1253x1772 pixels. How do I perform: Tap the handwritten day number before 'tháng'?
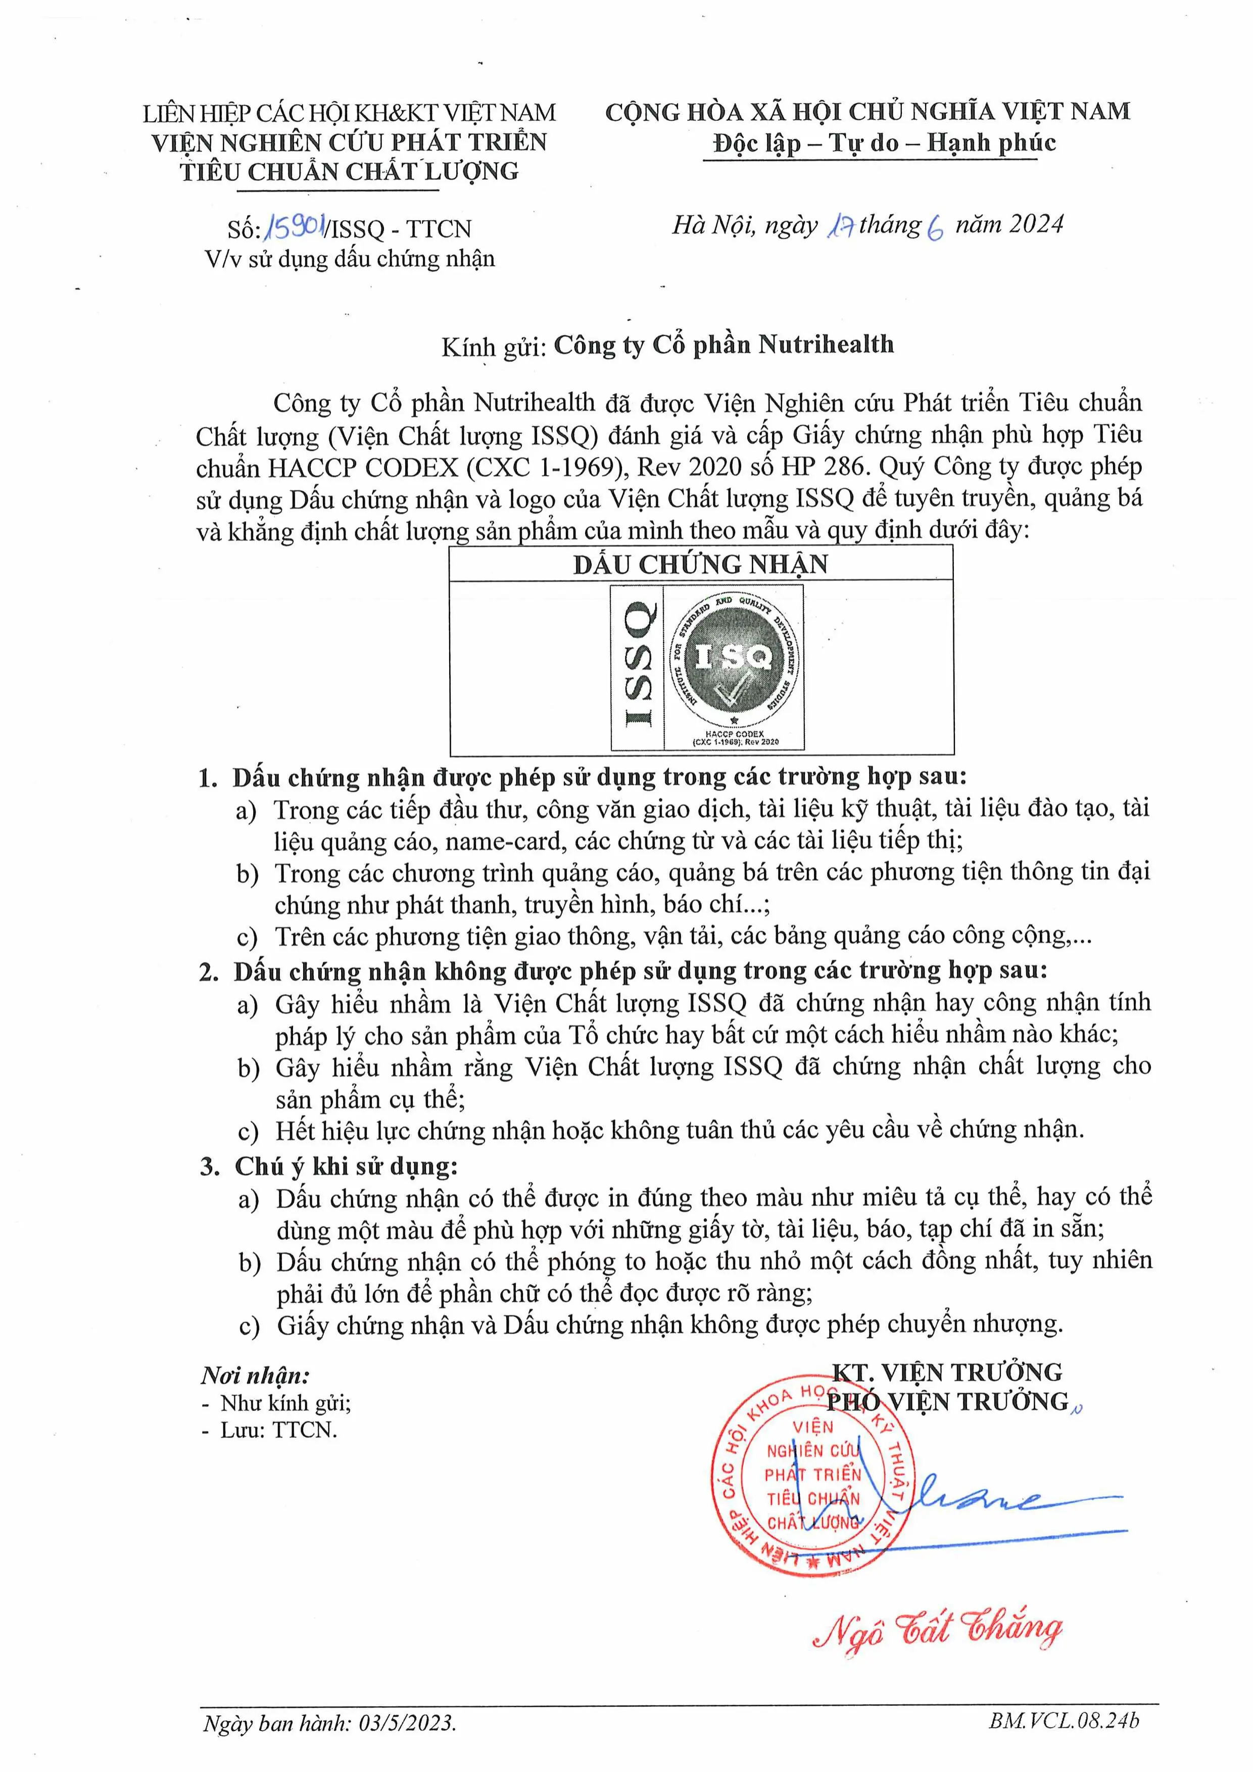point(840,226)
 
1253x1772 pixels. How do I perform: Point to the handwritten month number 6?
point(935,228)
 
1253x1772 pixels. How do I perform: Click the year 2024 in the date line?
point(1036,225)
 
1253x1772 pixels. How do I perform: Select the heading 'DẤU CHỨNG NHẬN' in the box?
point(700,564)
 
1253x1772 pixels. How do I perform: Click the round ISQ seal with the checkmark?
point(734,656)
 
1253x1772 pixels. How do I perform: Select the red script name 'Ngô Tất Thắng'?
point(937,1629)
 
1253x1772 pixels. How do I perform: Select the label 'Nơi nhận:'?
point(256,1375)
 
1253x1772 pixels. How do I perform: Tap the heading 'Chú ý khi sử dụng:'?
point(346,1166)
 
